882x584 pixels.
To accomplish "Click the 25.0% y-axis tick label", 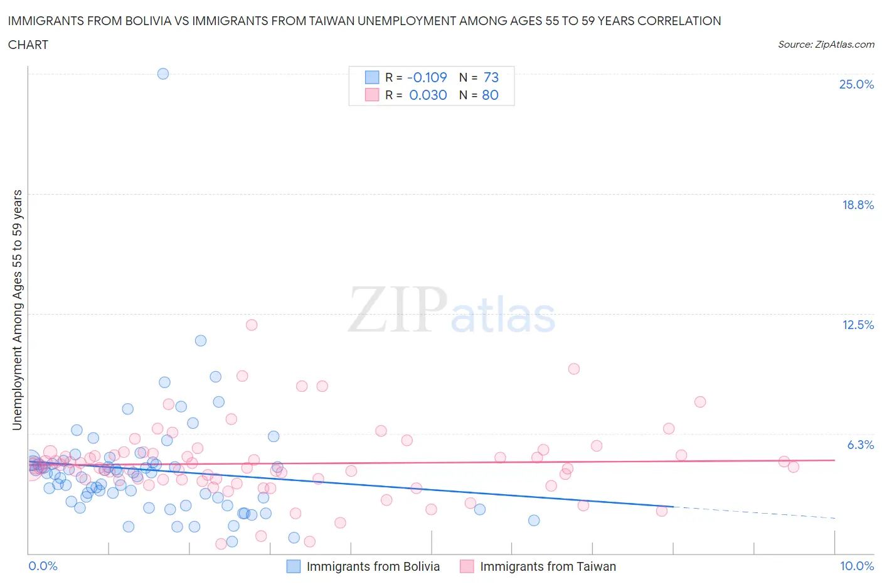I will pyautogui.click(x=856, y=85).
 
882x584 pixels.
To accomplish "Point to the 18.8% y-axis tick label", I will pyautogui.click(x=858, y=205).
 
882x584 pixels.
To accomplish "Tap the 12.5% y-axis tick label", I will pyautogui.click(x=858, y=325).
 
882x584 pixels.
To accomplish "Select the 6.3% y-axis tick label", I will pyautogui.click(x=860, y=445).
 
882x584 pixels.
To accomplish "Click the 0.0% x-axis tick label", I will pyautogui.click(x=43, y=566).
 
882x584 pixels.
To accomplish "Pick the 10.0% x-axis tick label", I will pyautogui.click(x=857, y=566).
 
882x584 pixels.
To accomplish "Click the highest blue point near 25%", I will pyautogui.click(x=163, y=73).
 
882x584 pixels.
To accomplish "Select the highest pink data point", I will pyautogui.click(x=252, y=325).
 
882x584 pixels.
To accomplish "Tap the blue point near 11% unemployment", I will pyautogui.click(x=201, y=340).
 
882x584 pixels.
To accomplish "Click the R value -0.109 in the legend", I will pyautogui.click(x=427, y=77).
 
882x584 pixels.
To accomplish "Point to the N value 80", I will pyautogui.click(x=490, y=95).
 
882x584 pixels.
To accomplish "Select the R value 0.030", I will pyautogui.click(x=428, y=95).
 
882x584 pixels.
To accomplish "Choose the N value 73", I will pyautogui.click(x=491, y=77).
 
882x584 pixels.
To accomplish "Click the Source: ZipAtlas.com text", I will pyautogui.click(x=826, y=45).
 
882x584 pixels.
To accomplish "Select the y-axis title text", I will pyautogui.click(x=18, y=310).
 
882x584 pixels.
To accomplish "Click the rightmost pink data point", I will pyautogui.click(x=793, y=467).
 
